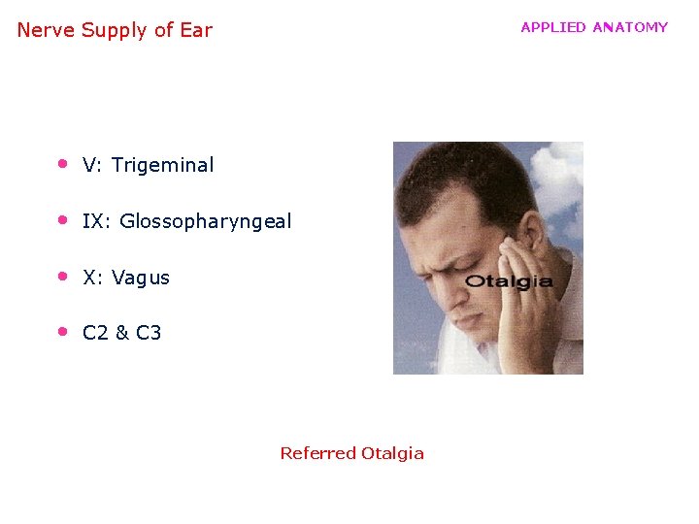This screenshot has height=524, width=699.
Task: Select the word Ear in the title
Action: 195,30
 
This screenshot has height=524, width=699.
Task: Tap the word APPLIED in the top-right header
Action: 553,27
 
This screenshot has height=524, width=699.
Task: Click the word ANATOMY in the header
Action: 630,27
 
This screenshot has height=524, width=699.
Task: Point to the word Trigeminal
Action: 162,165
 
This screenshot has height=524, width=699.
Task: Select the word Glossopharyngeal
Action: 205,221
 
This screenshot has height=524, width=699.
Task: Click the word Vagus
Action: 141,278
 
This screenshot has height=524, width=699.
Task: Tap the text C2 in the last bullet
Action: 95,333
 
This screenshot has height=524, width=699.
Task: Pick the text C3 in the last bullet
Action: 149,333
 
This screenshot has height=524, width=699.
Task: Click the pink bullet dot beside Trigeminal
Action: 61,163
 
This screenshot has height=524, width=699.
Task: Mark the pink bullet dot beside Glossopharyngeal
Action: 61,219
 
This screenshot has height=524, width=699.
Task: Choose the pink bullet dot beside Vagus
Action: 61,276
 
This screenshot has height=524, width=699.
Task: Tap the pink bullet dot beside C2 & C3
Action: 61,331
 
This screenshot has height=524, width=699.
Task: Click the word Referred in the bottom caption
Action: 317,453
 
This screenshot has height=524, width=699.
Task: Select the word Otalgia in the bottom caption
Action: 392,453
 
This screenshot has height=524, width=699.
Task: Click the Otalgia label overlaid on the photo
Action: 509,282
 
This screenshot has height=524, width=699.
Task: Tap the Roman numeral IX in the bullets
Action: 93,221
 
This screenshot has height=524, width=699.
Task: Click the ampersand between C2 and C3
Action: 121,333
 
